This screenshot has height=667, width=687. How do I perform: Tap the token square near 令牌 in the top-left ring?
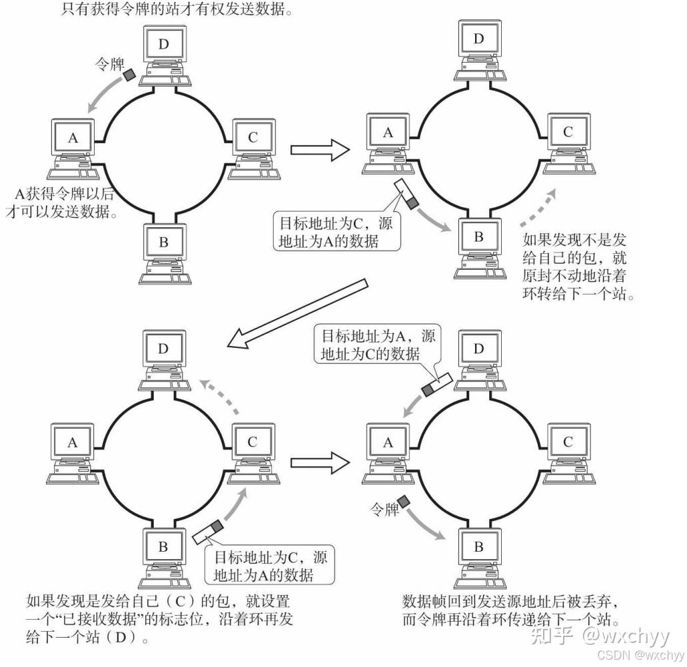click(x=129, y=76)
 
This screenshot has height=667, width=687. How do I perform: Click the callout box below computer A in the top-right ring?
click(x=337, y=230)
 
